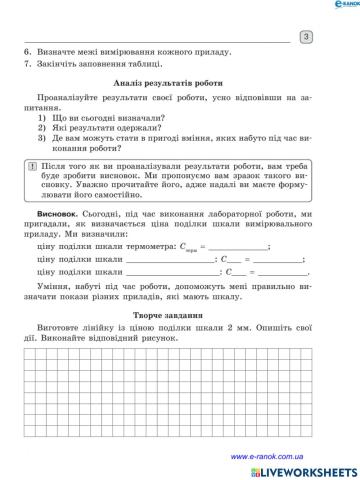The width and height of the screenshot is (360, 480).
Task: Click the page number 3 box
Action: (306, 37)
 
